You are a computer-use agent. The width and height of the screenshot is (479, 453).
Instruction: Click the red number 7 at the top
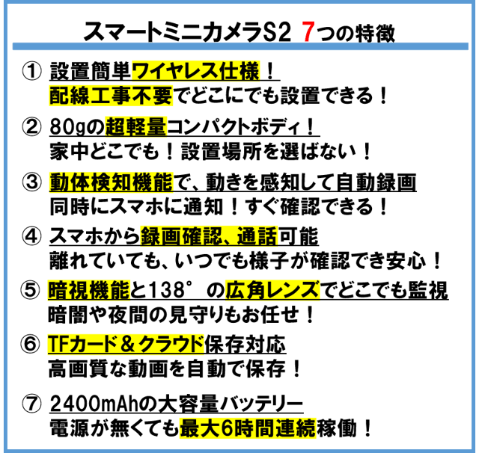pos(308,31)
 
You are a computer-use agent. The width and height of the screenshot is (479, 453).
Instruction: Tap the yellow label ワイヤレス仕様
pos(195,71)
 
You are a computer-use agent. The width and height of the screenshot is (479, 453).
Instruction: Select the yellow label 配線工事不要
pos(111,96)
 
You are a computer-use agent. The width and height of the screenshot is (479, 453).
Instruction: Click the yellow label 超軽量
pos(135,127)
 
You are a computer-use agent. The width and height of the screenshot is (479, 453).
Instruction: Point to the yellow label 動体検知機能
pos(111,182)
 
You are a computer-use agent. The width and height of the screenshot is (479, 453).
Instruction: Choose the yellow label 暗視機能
pos(88,290)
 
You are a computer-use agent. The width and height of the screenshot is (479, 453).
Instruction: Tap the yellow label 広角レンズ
pos(272,290)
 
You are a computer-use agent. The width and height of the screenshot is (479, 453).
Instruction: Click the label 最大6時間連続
pos(248,428)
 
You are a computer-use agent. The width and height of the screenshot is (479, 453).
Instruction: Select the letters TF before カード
pos(58,344)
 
